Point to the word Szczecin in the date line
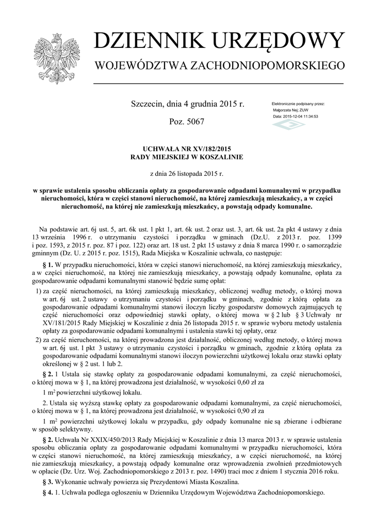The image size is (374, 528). (x=148, y=104)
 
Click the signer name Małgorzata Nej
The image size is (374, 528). (x=287, y=110)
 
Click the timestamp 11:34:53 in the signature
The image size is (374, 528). (x=308, y=117)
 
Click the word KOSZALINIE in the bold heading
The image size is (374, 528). (x=216, y=156)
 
